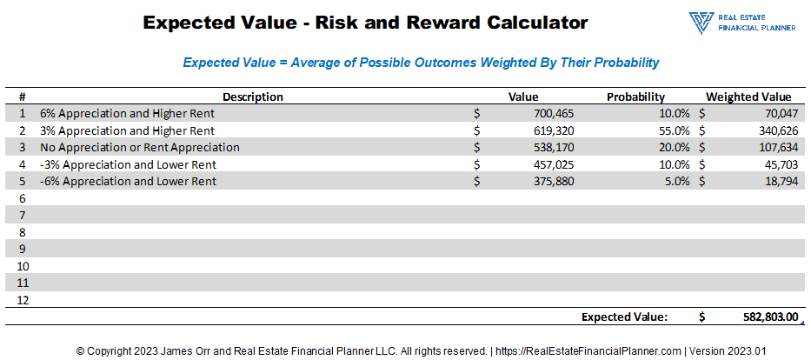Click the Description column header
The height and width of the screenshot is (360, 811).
pyautogui.click(x=253, y=97)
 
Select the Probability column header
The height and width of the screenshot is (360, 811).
pyautogui.click(x=635, y=97)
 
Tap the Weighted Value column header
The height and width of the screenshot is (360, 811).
pyautogui.click(x=748, y=97)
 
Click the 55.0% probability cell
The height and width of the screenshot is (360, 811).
pyautogui.click(x=671, y=130)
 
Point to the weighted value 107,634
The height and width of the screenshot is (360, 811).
pyautogui.click(x=774, y=148)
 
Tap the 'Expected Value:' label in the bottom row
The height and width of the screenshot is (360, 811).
pyautogui.click(x=624, y=317)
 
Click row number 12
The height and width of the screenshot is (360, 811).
pyautogui.click(x=23, y=300)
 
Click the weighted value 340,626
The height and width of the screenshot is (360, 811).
pyautogui.click(x=774, y=130)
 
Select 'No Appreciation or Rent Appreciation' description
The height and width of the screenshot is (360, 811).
pyautogui.click(x=140, y=148)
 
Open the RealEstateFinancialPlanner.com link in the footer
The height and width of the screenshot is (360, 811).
pyautogui.click(x=588, y=351)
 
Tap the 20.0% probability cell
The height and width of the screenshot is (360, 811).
pyautogui.click(x=671, y=148)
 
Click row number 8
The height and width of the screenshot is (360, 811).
pyautogui.click(x=23, y=232)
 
